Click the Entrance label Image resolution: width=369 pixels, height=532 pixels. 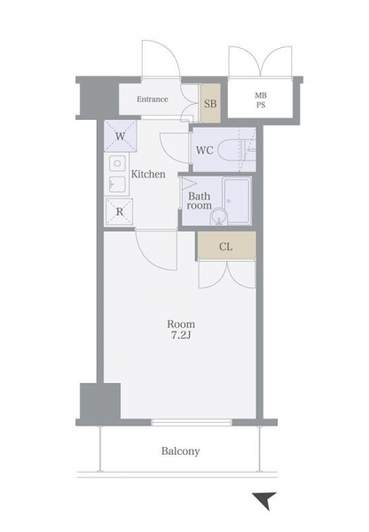tap(153, 99)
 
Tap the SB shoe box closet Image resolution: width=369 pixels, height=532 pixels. tap(210, 104)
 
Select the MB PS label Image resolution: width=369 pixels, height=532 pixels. tap(261, 100)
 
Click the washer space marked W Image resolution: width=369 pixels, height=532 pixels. tap(120, 136)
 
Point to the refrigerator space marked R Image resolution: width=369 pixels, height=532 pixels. tap(119, 212)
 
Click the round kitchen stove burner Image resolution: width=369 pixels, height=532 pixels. tap(117, 163)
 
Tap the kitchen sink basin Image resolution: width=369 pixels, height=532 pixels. tap(117, 184)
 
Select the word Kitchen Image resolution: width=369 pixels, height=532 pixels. tap(148, 175)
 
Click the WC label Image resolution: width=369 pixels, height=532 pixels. tap(205, 150)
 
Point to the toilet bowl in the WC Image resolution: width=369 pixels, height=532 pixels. tap(230, 151)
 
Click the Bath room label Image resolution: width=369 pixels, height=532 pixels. tap(200, 200)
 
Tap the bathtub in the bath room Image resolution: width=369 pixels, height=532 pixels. tap(237, 201)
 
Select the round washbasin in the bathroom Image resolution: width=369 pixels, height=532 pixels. tap(219, 216)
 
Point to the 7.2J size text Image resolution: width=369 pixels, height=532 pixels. tap(181, 335)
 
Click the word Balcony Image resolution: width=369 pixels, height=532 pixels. tap(181, 451)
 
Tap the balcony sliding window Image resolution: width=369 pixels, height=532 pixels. tap(192, 422)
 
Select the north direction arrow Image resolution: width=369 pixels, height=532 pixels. tap(265, 500)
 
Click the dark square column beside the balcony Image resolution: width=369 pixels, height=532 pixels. tap(100, 402)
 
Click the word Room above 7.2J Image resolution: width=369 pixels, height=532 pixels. tap(181, 324)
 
